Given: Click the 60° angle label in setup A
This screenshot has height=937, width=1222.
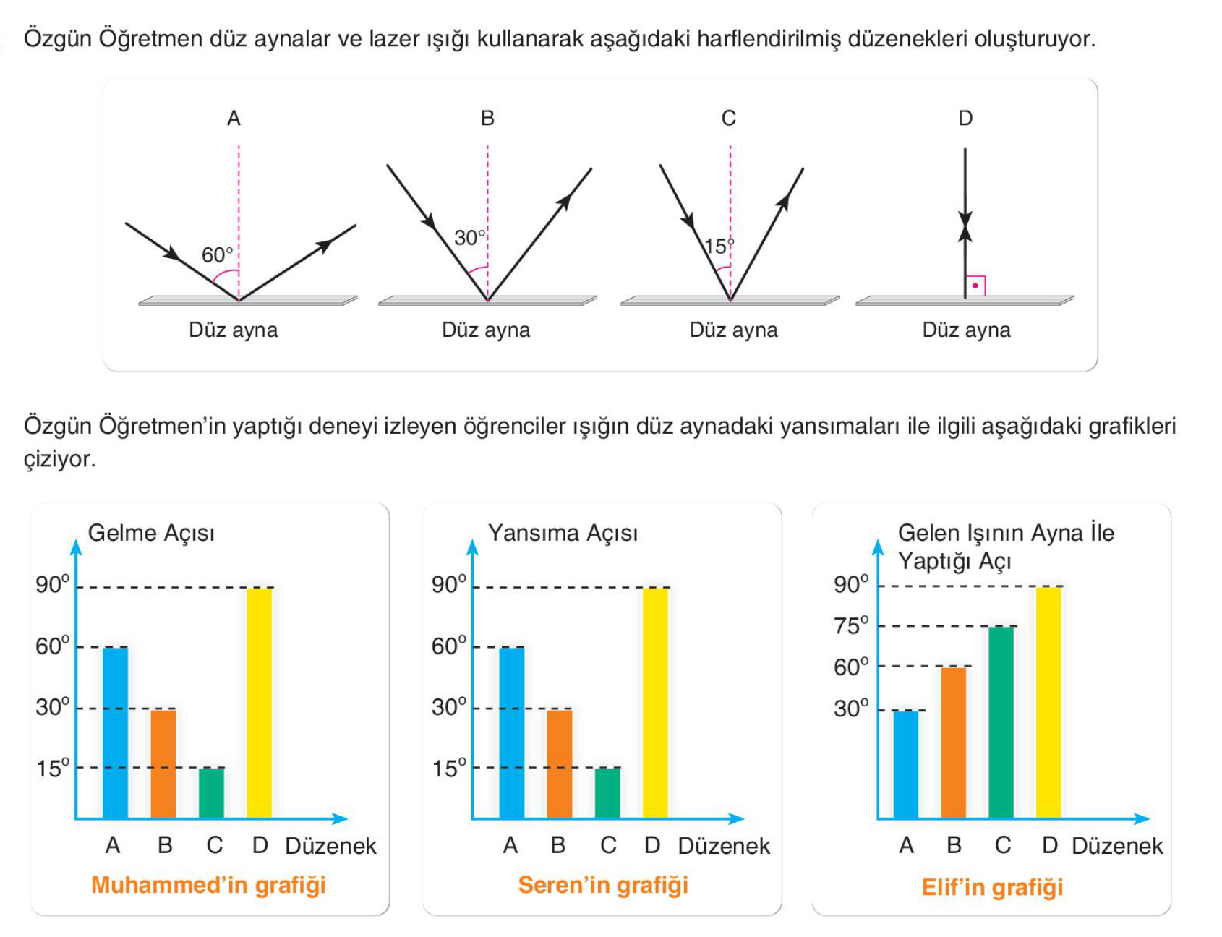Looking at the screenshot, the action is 218,255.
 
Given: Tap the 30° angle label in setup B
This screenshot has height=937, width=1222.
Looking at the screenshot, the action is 470,238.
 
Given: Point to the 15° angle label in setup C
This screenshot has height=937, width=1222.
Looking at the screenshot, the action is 719,247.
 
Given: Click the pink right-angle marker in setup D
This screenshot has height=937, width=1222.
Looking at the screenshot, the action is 975,286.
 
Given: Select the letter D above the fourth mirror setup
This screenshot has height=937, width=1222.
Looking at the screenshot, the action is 965,119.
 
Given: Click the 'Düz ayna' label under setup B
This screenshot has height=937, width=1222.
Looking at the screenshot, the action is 486,330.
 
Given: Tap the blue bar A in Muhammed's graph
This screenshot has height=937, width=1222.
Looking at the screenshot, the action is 115,732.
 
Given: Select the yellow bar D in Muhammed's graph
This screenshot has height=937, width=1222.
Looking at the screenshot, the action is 260,703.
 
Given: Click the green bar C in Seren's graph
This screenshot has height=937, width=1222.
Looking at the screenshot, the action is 608,792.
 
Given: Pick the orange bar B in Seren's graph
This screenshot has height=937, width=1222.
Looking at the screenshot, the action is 560,763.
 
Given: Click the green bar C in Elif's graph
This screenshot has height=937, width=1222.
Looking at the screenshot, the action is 1001,722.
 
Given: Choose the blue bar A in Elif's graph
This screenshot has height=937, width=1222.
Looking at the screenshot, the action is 906,764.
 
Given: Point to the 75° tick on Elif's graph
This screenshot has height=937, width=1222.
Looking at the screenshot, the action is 852,626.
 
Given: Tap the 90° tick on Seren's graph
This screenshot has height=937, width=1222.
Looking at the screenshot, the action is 449,584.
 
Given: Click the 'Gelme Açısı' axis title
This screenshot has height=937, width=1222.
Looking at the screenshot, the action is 151,534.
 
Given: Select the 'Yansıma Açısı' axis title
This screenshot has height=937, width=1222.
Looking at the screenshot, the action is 563,534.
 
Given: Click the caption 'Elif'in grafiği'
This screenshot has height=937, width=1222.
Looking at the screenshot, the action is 992,887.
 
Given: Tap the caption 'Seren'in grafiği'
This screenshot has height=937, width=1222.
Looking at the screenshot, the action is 603,885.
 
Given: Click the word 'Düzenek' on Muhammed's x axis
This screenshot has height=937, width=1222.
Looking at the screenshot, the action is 331,846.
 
